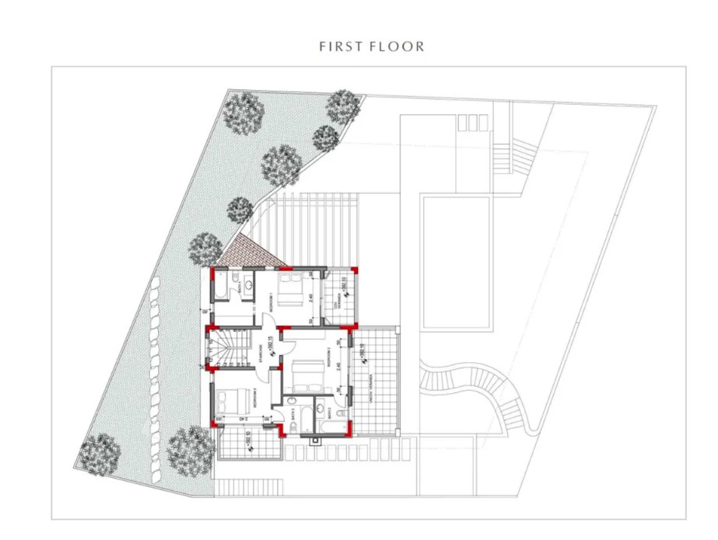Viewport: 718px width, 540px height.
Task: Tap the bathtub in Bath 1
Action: pyautogui.click(x=221, y=286)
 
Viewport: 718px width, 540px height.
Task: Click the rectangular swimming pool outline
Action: pyautogui.click(x=456, y=262)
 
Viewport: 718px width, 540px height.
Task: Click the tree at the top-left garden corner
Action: pyautogui.click(x=244, y=111)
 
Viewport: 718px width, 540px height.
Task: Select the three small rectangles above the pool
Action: pyautogui.click(x=469, y=123)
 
